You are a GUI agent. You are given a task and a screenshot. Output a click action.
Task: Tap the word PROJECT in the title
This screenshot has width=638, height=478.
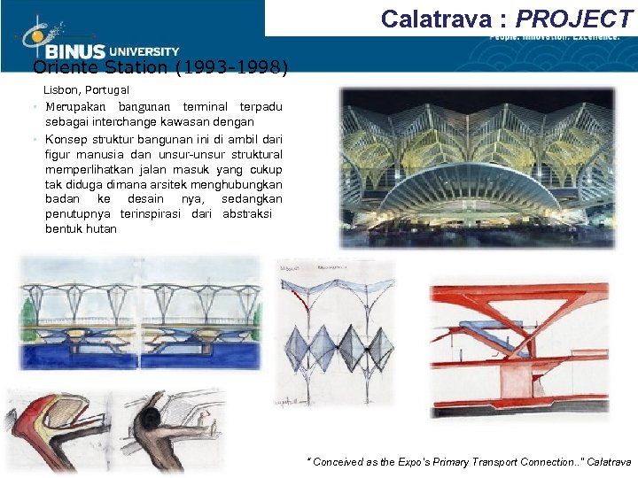(x=575, y=19)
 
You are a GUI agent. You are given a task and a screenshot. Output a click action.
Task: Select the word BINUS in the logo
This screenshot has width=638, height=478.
(x=76, y=52)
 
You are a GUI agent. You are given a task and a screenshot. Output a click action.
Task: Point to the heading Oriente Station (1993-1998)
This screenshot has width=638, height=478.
(x=159, y=67)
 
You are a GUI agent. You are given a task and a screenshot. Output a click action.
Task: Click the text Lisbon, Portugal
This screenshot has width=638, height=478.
(x=87, y=90)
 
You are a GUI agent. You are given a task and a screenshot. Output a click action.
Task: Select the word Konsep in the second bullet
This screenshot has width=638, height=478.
(x=64, y=140)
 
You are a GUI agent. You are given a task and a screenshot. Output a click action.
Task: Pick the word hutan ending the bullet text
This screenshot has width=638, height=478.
(x=99, y=229)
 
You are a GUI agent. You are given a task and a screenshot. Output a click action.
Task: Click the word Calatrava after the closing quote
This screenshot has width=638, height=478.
(x=609, y=462)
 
